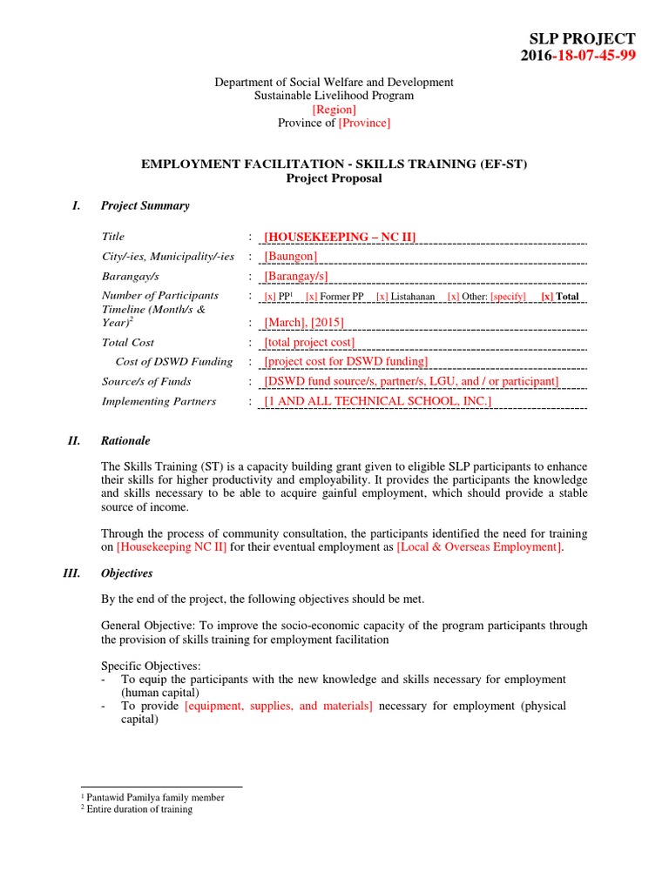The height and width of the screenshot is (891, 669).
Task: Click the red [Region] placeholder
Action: point(334,110)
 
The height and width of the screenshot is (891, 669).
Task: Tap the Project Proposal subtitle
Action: point(334,178)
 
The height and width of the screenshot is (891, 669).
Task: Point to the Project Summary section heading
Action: point(145,206)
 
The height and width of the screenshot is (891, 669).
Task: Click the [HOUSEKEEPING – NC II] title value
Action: point(341,237)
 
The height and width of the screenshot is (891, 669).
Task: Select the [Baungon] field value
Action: point(291,256)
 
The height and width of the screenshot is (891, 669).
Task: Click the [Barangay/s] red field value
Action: point(296,276)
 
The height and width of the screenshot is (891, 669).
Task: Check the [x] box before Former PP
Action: point(311,297)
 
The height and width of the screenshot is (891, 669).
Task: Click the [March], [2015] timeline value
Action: point(304,322)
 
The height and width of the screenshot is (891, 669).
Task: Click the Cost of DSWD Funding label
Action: point(174,362)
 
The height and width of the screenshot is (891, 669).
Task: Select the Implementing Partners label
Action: point(159,401)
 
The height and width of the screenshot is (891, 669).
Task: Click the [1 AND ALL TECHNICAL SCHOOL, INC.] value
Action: point(378,401)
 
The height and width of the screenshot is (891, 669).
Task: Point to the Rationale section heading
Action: point(125,441)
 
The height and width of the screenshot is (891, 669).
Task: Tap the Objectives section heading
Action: point(126,573)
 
